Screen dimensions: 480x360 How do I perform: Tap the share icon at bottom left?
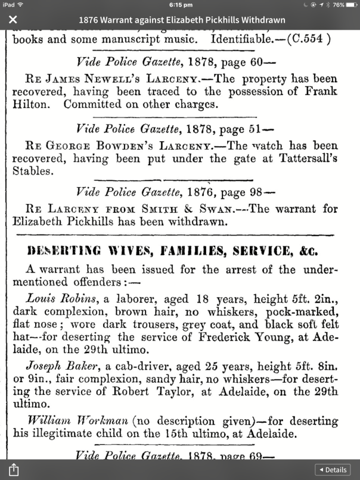pyautogui.click(x=14, y=470)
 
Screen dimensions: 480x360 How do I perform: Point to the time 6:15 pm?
pyautogui.click(x=179, y=5)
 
